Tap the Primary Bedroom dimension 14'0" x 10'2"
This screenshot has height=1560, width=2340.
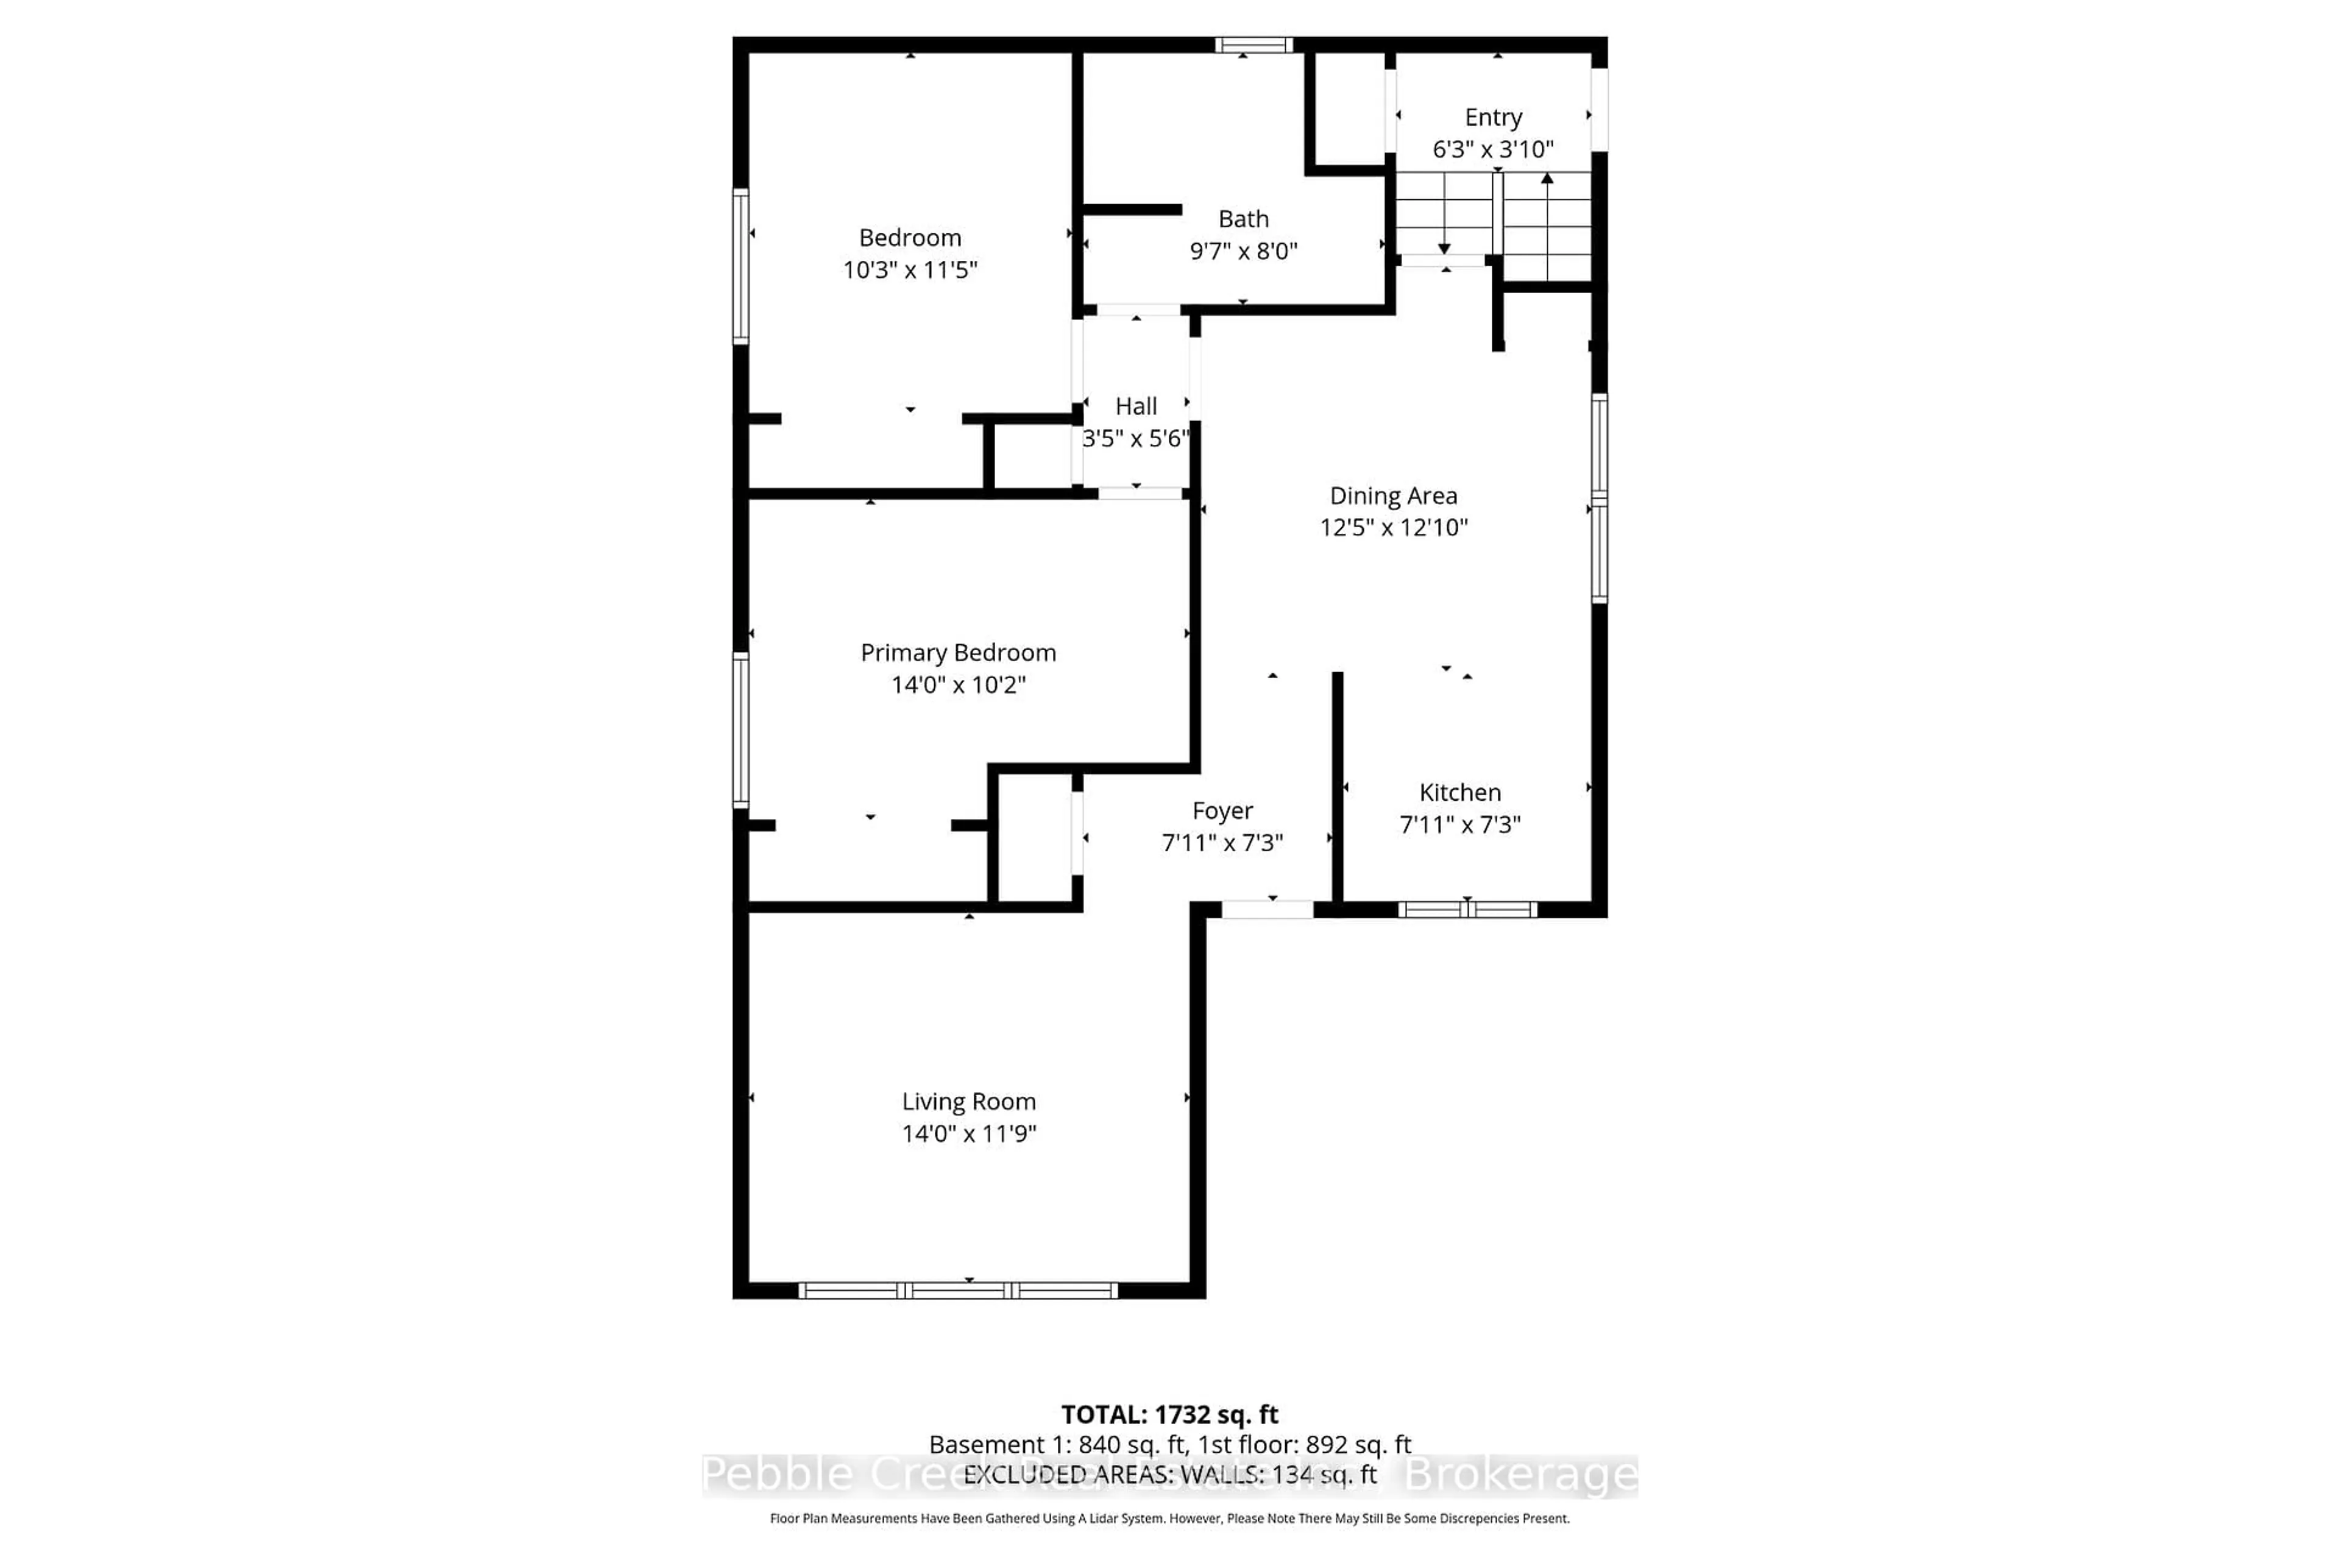[x=957, y=684]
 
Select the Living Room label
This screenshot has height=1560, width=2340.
[x=968, y=1101]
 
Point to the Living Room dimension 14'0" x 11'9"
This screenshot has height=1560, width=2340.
[x=968, y=1133]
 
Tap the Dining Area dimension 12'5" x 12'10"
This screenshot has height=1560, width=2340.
[x=1393, y=527]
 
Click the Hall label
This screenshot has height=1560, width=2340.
[x=1135, y=406]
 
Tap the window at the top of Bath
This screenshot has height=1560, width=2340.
[x=1253, y=44]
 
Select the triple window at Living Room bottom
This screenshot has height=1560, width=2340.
[x=957, y=1291]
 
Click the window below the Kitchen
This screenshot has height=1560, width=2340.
[x=1467, y=909]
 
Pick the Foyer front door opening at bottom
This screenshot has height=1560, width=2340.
[x=1266, y=909]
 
